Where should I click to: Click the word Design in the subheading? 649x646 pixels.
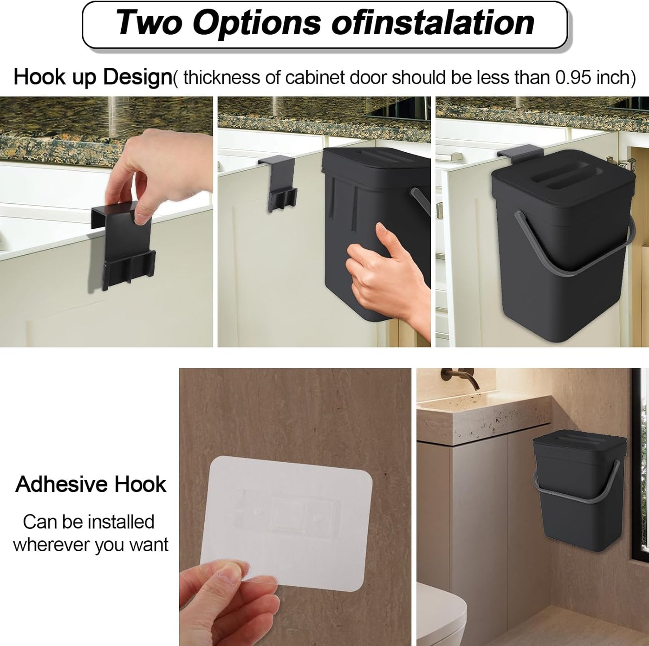[137, 77]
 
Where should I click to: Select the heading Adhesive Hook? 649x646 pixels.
[91, 484]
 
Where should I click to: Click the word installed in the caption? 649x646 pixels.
[121, 522]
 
